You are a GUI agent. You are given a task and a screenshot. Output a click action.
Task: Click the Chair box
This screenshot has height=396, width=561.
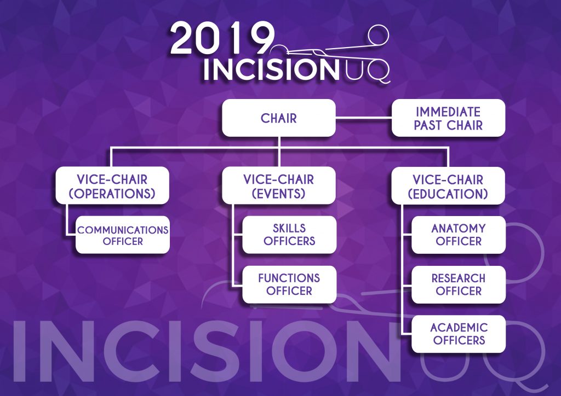[x=279, y=118]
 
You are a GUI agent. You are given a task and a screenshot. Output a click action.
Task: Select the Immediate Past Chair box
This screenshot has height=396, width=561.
[x=448, y=118]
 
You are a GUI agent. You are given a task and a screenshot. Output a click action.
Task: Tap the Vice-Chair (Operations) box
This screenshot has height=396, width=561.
[x=112, y=185]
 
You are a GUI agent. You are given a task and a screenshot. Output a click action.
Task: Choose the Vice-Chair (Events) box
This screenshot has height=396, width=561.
[x=279, y=185]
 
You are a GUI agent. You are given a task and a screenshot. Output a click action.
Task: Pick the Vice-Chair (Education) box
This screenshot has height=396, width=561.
[x=448, y=185]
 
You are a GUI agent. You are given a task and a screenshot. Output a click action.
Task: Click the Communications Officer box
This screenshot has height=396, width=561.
[x=123, y=235]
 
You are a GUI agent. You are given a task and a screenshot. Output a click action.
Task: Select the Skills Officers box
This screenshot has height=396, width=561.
[x=289, y=235]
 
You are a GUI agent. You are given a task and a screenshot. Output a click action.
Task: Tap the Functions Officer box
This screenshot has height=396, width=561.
[x=289, y=284]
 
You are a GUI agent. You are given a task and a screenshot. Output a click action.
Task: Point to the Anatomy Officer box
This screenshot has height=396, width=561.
[x=459, y=235]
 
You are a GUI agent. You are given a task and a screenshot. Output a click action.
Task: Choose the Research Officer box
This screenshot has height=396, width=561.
[x=459, y=284]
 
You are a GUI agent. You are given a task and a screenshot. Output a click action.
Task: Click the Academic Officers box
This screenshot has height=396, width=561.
[x=459, y=334]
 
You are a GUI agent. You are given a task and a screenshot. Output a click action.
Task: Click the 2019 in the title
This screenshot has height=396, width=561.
[x=220, y=38]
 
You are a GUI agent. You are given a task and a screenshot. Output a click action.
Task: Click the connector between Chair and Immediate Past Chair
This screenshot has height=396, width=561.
[x=364, y=117]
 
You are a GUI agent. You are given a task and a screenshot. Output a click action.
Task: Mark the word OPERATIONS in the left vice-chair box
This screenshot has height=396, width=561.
[x=112, y=194]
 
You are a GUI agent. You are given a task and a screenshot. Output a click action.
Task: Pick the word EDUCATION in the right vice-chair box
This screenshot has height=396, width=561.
[x=448, y=194]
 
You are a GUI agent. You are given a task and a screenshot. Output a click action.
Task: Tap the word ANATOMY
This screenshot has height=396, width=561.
[x=459, y=228]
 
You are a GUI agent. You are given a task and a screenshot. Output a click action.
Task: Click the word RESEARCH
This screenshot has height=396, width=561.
[x=459, y=278]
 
